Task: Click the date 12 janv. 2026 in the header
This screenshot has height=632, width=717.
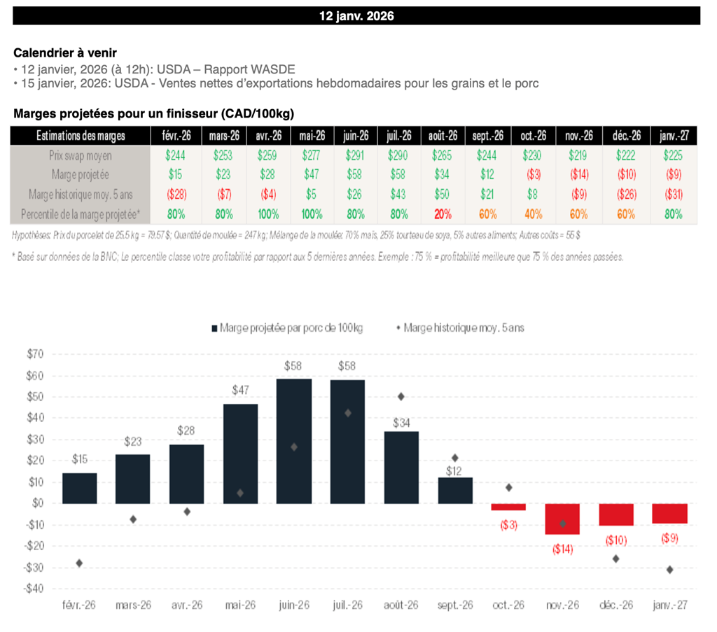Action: pos(356,15)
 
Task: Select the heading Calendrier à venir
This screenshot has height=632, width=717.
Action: pos(65,52)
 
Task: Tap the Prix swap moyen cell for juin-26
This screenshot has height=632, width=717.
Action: pos(355,155)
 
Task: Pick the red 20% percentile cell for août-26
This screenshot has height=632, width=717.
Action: pos(443,214)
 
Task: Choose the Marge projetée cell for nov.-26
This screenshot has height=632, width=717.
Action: pos(578,175)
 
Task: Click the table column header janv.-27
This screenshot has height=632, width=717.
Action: pos(674,136)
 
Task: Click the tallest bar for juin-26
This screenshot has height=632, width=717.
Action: pos(294,441)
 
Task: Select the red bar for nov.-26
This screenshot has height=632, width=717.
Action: pos(562,519)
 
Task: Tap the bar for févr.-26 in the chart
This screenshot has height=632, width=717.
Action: pos(79,489)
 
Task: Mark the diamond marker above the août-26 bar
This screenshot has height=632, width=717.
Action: pos(401,396)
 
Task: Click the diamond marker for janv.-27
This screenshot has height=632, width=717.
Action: pos(669,570)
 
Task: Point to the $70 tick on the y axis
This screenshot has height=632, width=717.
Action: pos(34,355)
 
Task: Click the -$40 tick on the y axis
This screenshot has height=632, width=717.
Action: pos(33,589)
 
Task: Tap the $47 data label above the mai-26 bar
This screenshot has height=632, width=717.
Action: pos(240,392)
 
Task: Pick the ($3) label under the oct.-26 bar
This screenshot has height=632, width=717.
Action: pos(508,525)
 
